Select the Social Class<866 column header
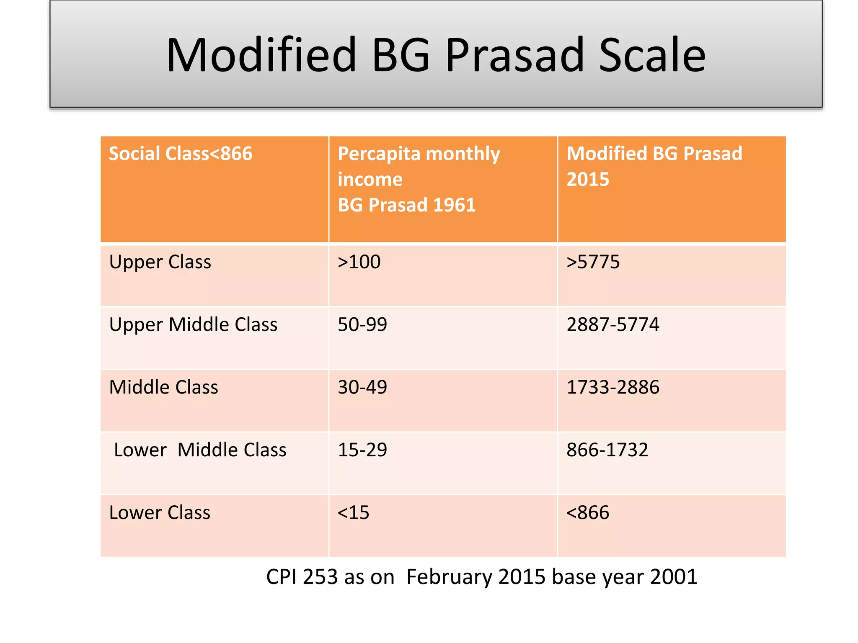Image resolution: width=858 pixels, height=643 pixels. pos(181,154)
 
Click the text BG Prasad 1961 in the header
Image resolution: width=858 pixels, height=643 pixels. pos(406,205)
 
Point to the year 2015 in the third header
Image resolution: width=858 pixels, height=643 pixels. pos(588,180)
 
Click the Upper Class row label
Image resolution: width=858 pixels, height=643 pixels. pos(160,262)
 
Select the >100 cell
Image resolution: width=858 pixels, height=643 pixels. pos(359,262)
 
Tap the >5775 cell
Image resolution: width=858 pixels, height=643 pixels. pos(593,262)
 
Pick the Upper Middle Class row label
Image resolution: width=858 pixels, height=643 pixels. pos(193,325)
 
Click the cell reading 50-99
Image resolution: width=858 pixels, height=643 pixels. pos(362,325)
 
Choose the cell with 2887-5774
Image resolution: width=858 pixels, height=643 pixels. pos(612,325)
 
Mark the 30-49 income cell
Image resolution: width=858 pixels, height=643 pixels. pos(362,387)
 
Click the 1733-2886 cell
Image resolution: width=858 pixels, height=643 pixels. pos(612,387)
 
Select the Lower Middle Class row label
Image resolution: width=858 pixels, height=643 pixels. pos(200,450)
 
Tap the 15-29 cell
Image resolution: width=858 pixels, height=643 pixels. pos(362,450)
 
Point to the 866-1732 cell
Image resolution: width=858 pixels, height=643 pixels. pos(607,450)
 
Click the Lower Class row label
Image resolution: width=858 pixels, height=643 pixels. pos(160,513)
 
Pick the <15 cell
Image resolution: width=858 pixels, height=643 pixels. pos(354,513)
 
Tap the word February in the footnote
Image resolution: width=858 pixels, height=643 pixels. pos(449,577)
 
